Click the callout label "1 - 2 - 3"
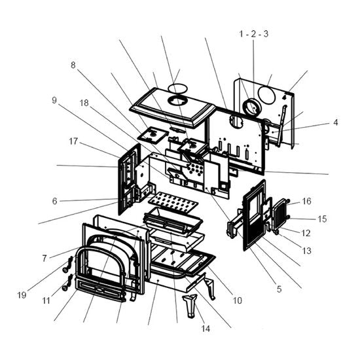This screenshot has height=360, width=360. click(254, 34)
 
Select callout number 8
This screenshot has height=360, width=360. click(73, 65)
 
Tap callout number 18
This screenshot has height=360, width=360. click(84, 103)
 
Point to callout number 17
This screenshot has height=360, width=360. click(73, 141)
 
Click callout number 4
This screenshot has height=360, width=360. click(336, 122)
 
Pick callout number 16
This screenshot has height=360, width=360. click(307, 201)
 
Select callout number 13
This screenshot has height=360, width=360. click(307, 251)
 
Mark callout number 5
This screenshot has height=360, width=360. click(279, 289)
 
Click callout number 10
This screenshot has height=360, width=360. click(238, 300)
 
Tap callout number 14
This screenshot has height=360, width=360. click(206, 329)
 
